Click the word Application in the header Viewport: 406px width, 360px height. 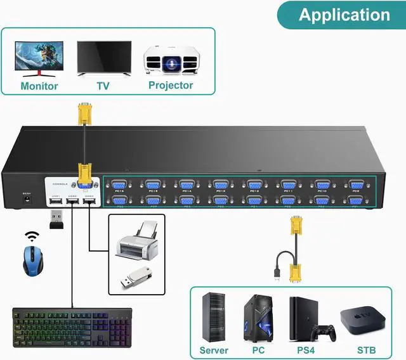(344, 15)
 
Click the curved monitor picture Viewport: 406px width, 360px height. (39, 58)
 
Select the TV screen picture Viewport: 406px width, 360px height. (104, 58)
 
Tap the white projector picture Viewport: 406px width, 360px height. (171, 61)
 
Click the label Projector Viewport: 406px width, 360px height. (171, 85)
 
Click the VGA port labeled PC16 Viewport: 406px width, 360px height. (118, 185)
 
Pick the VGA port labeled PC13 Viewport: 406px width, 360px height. (220, 185)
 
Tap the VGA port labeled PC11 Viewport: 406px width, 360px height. (288, 185)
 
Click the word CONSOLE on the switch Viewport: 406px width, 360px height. (61, 179)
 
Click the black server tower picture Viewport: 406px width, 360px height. (213, 317)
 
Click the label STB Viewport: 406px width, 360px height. (366, 350)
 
